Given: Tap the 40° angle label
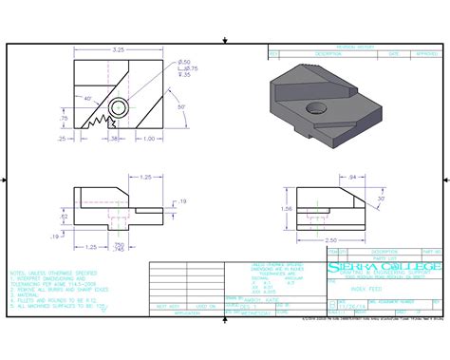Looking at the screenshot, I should [x=88, y=98].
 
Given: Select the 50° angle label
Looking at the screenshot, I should [x=180, y=107].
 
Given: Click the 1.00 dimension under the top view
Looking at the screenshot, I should [x=148, y=139].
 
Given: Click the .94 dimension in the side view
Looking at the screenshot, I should [x=326, y=178].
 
